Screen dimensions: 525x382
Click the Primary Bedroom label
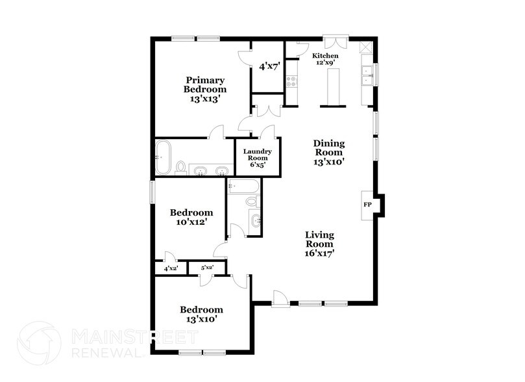204,90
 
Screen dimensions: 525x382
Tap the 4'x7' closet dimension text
269,66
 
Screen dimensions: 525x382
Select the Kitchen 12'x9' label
325,58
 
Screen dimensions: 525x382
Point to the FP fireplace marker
367,205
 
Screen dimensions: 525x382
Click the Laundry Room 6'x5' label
257,158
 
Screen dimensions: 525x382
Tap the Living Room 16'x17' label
319,244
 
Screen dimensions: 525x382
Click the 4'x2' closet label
171,268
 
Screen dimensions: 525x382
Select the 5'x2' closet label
207,268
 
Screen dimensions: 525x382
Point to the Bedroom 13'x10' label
201,314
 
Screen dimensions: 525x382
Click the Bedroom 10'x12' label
191,217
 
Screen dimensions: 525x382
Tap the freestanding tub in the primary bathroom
163,157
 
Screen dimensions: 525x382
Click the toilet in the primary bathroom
181,168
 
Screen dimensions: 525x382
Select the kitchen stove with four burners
291,82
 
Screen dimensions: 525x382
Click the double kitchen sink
367,75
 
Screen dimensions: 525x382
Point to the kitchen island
333,86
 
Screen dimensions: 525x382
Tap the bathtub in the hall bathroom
243,186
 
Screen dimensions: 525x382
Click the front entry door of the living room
280,298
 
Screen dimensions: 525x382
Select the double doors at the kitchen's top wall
335,42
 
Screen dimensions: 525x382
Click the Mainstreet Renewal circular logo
40,343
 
